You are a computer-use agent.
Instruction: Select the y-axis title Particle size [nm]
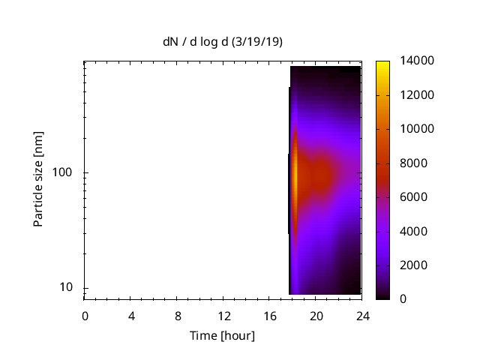click(x=38, y=178)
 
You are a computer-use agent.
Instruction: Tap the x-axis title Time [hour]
click(x=222, y=335)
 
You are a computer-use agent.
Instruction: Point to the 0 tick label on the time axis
click(x=85, y=315)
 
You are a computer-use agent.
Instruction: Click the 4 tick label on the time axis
click(x=131, y=315)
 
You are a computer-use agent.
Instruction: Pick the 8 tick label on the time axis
click(x=178, y=315)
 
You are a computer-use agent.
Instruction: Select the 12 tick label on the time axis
click(x=223, y=315)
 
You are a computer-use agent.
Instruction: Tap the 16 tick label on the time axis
click(x=270, y=315)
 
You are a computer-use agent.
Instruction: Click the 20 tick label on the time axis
click(x=316, y=315)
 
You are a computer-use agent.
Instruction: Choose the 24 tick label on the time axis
click(x=362, y=315)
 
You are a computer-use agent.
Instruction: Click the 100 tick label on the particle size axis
click(x=64, y=173)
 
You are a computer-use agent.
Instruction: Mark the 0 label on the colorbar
click(x=403, y=299)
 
